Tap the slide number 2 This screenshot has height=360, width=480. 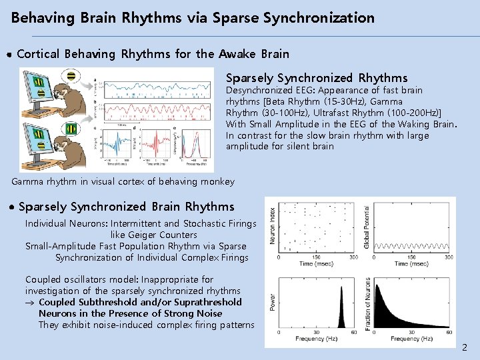click(x=465, y=347)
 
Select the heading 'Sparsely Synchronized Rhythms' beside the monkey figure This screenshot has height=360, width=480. click(x=317, y=78)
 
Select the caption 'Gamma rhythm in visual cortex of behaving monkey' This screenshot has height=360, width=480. click(x=123, y=181)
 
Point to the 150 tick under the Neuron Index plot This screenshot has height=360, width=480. click(x=316, y=257)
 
